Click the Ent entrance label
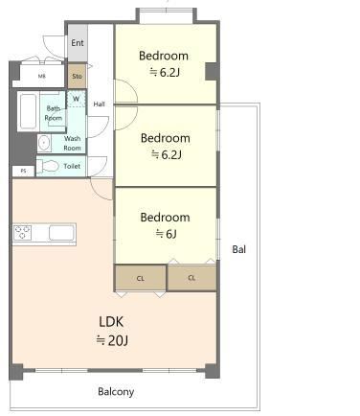(78, 42)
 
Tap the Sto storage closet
(77, 76)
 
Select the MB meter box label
(42, 76)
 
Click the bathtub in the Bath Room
(28, 111)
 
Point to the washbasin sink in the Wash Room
(44, 143)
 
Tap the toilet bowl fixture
(47, 166)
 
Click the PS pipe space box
(23, 171)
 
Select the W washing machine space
(76, 99)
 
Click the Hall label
(99, 104)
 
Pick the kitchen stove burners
(22, 232)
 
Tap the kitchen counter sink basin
(61, 233)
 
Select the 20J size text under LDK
(112, 340)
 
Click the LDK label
(111, 322)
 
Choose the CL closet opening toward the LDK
(141, 278)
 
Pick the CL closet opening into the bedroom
(191, 278)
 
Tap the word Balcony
(116, 392)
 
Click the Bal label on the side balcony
(239, 249)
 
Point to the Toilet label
(72, 166)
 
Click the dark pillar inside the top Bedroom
(211, 71)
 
